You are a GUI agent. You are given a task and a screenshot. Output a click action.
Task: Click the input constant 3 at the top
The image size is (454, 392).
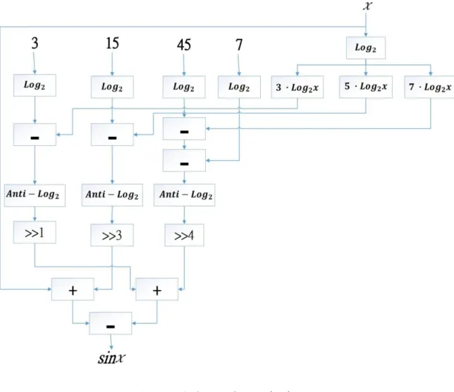pyautogui.click(x=35, y=43)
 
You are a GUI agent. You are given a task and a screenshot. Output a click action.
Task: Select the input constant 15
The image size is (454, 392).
pyautogui.click(x=112, y=43)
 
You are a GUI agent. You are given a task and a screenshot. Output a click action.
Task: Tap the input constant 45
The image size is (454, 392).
pyautogui.click(x=184, y=45)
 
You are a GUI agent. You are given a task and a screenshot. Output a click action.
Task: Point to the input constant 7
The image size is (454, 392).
pyautogui.click(x=239, y=45)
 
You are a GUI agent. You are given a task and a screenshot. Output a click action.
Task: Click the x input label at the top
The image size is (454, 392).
pyautogui.click(x=367, y=5)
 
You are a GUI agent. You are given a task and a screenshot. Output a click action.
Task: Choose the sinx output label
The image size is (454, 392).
pyautogui.click(x=111, y=358)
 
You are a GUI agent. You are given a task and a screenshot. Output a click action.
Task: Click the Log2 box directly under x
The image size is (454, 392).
pyautogui.click(x=366, y=48)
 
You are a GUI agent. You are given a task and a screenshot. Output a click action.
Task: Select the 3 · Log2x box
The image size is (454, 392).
pyautogui.click(x=297, y=87)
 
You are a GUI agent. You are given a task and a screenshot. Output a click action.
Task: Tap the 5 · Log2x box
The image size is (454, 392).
pyautogui.click(x=366, y=87)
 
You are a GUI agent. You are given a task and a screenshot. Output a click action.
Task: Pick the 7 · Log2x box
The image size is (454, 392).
pyautogui.click(x=430, y=87)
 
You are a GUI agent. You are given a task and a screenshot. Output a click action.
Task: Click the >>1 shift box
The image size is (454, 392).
pyautogui.click(x=35, y=233)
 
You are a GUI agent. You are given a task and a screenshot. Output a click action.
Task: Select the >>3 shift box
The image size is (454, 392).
pyautogui.click(x=112, y=235)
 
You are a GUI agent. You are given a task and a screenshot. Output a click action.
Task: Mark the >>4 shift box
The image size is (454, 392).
pyautogui.click(x=184, y=235)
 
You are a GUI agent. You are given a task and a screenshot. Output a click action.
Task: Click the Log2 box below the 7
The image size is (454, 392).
pyautogui.click(x=239, y=87)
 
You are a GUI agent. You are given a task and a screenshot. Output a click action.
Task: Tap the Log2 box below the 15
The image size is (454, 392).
pyautogui.click(x=112, y=87)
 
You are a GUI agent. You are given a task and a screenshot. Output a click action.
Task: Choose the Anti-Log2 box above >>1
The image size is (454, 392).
pyautogui.click(x=35, y=195)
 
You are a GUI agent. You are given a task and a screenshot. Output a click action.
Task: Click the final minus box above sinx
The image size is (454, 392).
pyautogui.click(x=111, y=324)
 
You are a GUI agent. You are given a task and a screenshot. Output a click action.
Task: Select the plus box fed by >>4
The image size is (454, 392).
pyautogui.click(x=157, y=289)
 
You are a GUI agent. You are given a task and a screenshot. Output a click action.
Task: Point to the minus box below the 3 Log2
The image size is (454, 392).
pyautogui.click(x=35, y=135)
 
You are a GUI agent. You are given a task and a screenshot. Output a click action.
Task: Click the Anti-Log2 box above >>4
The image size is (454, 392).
pyautogui.click(x=185, y=195)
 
